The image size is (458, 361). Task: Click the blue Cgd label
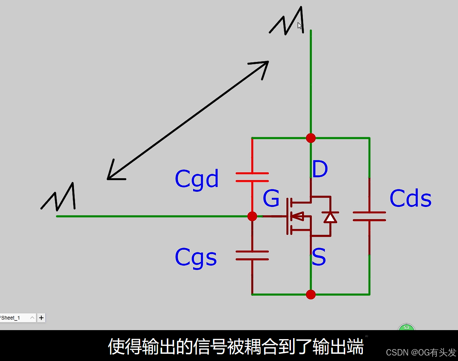click(x=197, y=179)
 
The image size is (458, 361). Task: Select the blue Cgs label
click(x=196, y=257)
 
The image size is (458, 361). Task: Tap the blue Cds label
click(x=410, y=199)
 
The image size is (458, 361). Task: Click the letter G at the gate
click(x=271, y=198)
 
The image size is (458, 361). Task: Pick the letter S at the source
click(x=319, y=257)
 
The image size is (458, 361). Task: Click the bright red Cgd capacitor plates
click(x=252, y=177)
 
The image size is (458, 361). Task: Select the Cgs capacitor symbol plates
click(x=252, y=255)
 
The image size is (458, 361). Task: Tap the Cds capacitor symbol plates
click(x=369, y=216)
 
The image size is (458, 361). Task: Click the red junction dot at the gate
click(x=252, y=216)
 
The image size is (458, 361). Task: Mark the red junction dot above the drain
click(x=311, y=138)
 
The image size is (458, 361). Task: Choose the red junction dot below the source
click(x=311, y=294)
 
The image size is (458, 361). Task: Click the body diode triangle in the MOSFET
click(x=330, y=218)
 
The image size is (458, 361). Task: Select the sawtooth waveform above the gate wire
click(x=59, y=197)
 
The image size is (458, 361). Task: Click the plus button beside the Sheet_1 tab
click(x=41, y=318)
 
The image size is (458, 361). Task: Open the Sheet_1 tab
click(x=13, y=318)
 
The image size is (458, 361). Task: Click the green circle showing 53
click(x=406, y=328)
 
